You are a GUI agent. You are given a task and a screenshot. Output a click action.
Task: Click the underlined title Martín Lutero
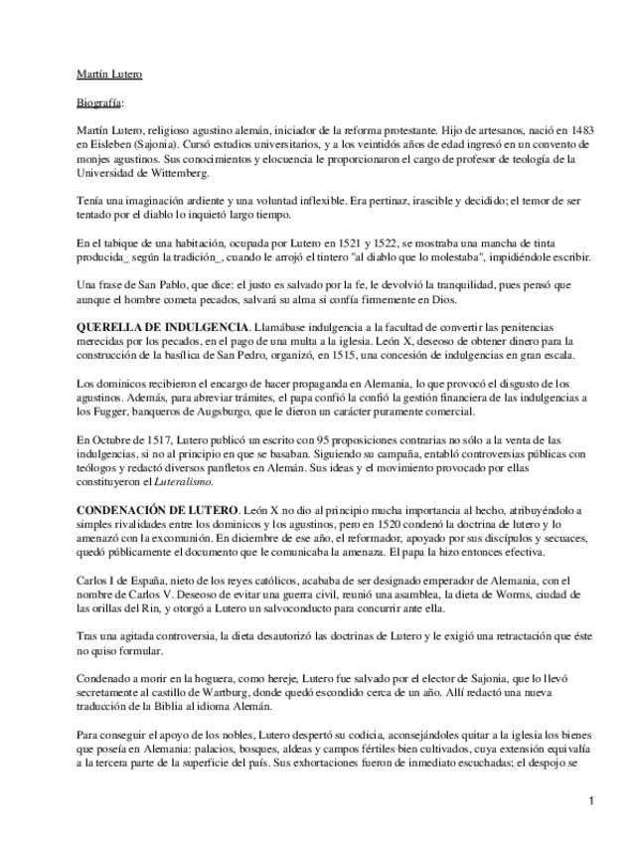(x=109, y=74)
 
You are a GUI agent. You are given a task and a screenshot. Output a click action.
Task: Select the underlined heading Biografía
(x=100, y=102)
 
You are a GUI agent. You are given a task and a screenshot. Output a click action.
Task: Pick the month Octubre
(x=107, y=437)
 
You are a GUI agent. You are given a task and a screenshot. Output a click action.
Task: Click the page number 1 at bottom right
(x=590, y=801)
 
